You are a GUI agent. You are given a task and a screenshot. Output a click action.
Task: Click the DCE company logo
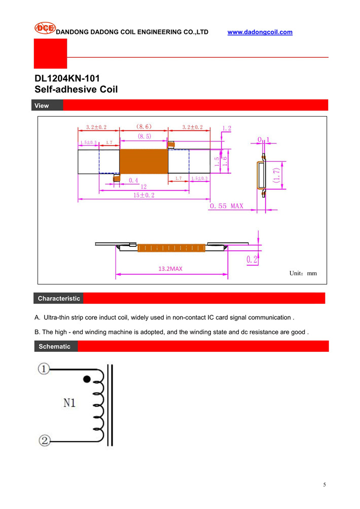(45, 28)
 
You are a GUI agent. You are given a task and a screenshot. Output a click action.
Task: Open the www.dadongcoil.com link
(260, 32)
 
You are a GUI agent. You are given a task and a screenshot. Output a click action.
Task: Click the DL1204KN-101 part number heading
(67, 79)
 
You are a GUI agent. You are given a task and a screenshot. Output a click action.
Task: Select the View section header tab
(42, 105)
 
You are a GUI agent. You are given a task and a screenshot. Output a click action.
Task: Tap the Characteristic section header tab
(59, 299)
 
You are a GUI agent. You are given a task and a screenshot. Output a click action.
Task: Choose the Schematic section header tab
(54, 346)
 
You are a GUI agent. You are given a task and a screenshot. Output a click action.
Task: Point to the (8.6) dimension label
(144, 127)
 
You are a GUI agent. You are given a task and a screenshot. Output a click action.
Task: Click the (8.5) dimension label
(143, 136)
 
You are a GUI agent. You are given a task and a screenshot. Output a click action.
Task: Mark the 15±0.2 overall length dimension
(144, 195)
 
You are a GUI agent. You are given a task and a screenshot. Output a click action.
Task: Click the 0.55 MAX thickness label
(227, 206)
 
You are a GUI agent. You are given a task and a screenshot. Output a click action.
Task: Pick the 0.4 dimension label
(134, 180)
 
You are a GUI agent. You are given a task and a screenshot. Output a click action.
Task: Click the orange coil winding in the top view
(143, 161)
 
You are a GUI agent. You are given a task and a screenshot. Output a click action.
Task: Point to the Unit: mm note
(303, 273)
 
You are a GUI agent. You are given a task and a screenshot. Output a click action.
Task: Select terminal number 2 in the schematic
(44, 441)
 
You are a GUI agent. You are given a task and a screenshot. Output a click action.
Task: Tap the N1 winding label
(69, 404)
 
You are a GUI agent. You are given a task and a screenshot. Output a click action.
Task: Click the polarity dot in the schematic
(87, 379)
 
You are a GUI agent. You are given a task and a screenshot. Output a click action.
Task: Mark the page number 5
(325, 485)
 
